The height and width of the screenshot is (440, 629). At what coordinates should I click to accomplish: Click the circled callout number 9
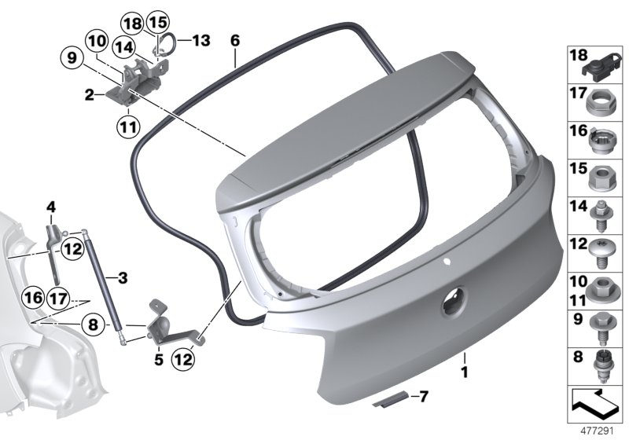pyautogui.click(x=72, y=57)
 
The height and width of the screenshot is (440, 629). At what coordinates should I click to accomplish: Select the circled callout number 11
pyautogui.click(x=128, y=125)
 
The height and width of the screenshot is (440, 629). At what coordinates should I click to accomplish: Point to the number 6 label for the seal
pyautogui.click(x=234, y=38)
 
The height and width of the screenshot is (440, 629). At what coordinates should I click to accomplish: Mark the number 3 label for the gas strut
pyautogui.click(x=122, y=277)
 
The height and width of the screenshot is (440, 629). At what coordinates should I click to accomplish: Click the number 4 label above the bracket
pyautogui.click(x=52, y=207)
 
